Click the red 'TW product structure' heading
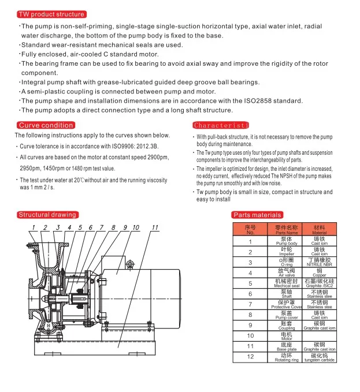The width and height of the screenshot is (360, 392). (x=51, y=14)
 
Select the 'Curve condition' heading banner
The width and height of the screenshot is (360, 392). (x=46, y=125)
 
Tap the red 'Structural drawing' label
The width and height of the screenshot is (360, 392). (x=47, y=215)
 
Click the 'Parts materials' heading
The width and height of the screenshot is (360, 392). (x=258, y=215)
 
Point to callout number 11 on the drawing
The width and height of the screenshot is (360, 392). (x=154, y=227)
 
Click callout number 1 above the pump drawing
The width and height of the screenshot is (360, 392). (x=34, y=227)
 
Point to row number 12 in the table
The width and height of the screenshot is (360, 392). (x=250, y=356)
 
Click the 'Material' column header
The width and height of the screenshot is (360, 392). (x=319, y=230)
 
